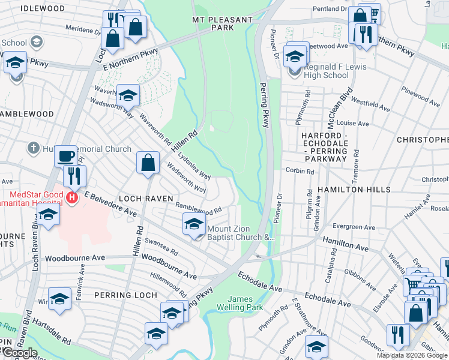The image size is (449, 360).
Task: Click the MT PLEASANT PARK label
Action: tap(222, 23)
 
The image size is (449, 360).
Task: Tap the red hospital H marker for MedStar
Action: tap(72, 197)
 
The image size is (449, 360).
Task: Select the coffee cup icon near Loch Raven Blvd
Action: tap(65, 156)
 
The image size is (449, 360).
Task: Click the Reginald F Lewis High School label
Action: tap(327, 71)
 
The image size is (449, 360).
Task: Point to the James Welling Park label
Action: tap(245, 303)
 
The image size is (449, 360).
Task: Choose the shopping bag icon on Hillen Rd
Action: tap(148, 163)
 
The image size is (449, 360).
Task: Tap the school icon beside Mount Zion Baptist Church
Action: tap(193, 225)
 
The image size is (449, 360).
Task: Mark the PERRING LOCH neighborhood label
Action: tap(125, 295)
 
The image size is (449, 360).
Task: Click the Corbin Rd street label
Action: tap(300, 171)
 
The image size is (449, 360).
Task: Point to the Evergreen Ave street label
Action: tap(349, 227)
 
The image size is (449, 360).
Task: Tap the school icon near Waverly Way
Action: tap(127, 95)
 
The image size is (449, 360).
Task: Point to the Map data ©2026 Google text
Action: tap(412, 355)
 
